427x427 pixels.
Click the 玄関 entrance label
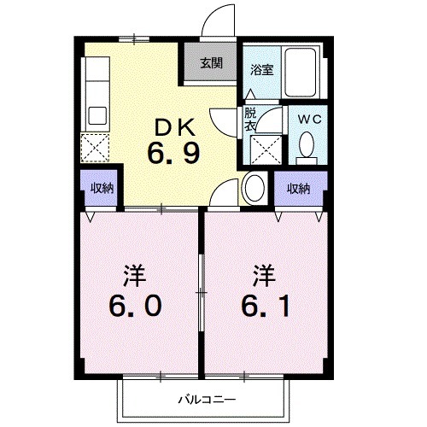click(x=212, y=63)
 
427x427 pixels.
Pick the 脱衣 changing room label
click(x=250, y=119)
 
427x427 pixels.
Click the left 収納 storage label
click(x=102, y=188)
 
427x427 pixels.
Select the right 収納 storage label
click(x=298, y=188)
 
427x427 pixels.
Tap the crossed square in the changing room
click(x=266, y=150)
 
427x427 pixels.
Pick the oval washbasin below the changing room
click(x=254, y=187)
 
